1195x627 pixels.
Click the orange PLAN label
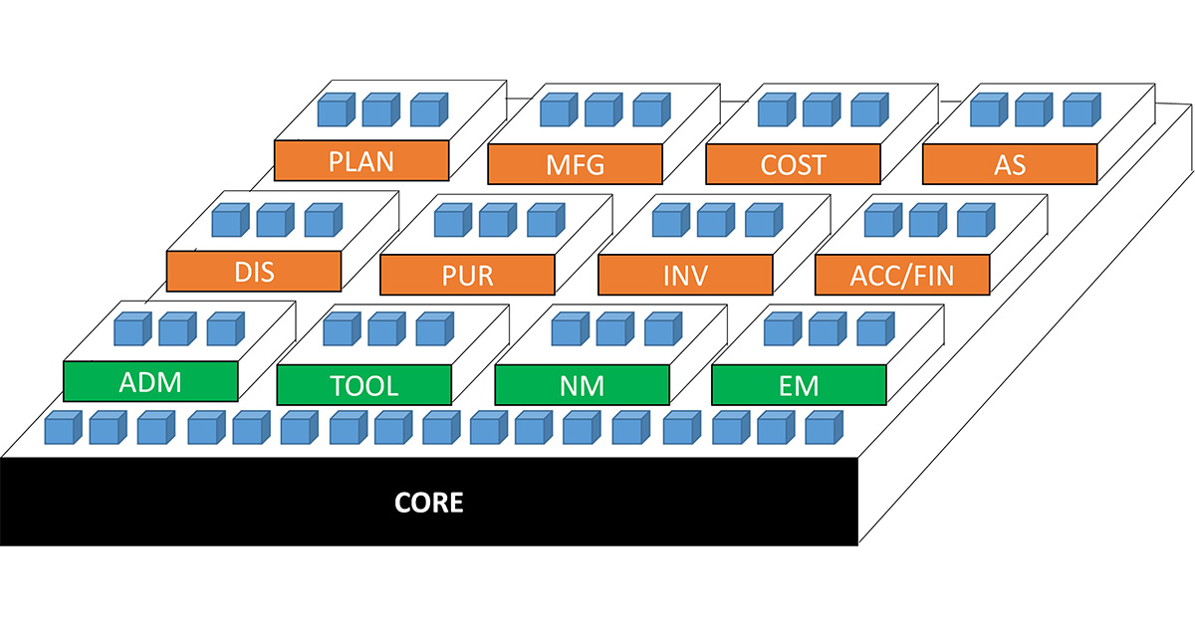[x=361, y=160]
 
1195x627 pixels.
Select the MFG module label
[x=576, y=164]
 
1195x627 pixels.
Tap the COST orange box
[x=793, y=164]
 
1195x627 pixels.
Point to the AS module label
[x=1010, y=164]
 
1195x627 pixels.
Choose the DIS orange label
[x=254, y=272]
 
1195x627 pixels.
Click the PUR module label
[x=467, y=275]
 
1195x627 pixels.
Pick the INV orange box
[x=685, y=275]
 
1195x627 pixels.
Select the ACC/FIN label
[x=902, y=275]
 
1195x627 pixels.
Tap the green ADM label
[x=150, y=381]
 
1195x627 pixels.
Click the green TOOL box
[x=364, y=385]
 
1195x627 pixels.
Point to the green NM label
[x=582, y=385]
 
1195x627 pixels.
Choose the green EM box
[x=799, y=385]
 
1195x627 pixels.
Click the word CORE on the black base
[x=429, y=503]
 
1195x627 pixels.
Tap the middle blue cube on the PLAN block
[x=380, y=109]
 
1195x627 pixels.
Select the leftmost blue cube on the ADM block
[x=132, y=329]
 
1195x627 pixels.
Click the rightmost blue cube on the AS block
[x=1081, y=109]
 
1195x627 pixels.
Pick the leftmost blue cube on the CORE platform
[x=63, y=428]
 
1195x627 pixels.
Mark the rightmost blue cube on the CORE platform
[x=824, y=428]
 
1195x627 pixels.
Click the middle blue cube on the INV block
[x=716, y=220]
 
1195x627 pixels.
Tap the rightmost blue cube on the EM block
[x=875, y=329]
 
